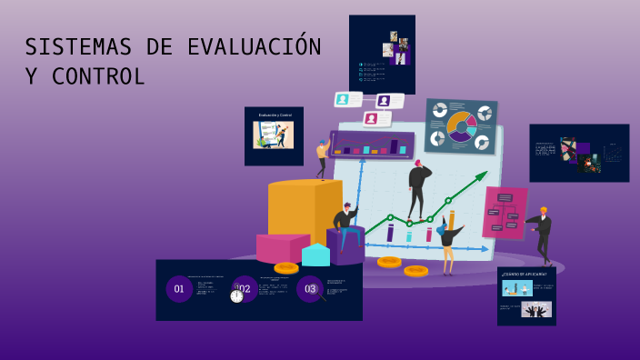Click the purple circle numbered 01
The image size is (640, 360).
coord(179,289)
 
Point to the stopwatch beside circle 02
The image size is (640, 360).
coord(236,295)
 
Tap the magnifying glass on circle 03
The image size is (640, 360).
coord(319,295)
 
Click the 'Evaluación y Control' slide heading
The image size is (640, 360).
coord(275,115)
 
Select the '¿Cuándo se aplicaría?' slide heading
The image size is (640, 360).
coord(525,274)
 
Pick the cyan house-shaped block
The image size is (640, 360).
coord(315,255)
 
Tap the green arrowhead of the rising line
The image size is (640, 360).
coord(484,175)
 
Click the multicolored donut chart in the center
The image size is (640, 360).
coord(461,126)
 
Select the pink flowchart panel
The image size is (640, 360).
coord(504,212)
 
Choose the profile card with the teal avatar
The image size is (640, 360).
coord(347,99)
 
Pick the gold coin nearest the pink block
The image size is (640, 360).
coord(286,267)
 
